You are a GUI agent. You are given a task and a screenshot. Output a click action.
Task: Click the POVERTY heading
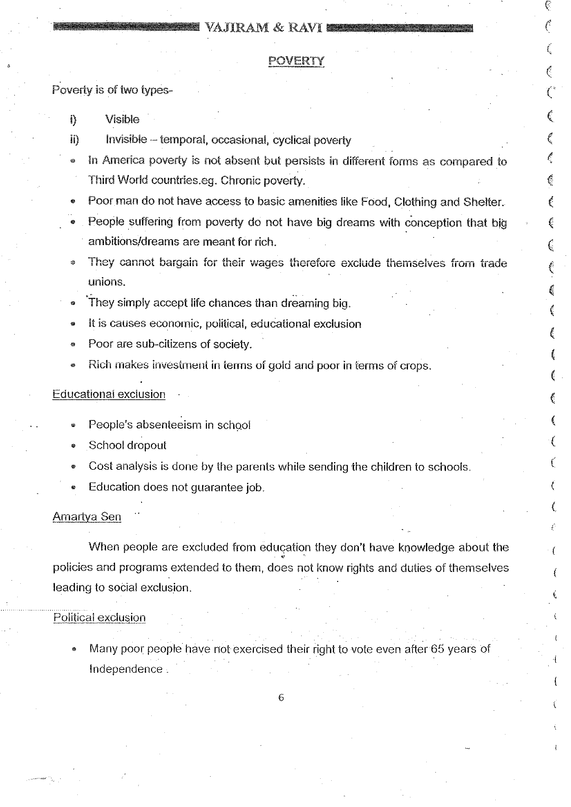pyautogui.click(x=296, y=61)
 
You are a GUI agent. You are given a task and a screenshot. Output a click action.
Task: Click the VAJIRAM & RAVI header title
pyautogui.click(x=263, y=27)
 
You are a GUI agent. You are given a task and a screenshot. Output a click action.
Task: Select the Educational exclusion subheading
pyautogui.click(x=109, y=395)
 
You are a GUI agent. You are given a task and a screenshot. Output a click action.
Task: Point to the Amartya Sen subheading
pyautogui.click(x=87, y=517)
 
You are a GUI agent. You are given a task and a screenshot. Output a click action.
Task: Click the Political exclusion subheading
pyautogui.click(x=99, y=618)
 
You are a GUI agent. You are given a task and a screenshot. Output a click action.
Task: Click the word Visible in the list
pyautogui.click(x=122, y=119)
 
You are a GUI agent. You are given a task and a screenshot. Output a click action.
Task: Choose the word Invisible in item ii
pyautogui.click(x=126, y=139)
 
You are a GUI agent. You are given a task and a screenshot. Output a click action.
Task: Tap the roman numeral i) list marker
pyautogui.click(x=73, y=120)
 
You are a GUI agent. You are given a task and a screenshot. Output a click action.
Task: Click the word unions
pyautogui.click(x=106, y=282)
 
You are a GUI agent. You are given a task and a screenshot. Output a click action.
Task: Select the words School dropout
pyautogui.click(x=127, y=445)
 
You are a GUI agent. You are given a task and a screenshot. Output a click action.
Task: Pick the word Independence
pyautogui.click(x=126, y=669)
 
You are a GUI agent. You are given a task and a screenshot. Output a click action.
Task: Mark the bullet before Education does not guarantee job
pyautogui.click(x=73, y=487)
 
